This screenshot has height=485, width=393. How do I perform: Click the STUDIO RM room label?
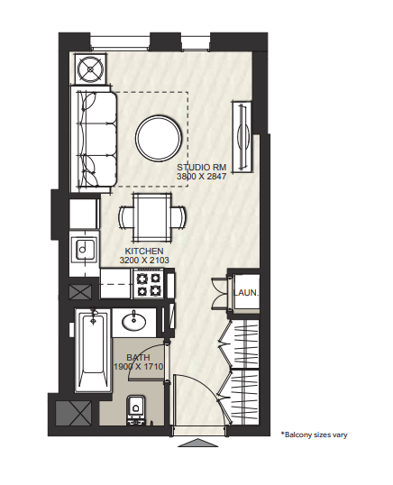pyautogui.click(x=202, y=168)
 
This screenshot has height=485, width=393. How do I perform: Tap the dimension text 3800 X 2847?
pyautogui.click(x=202, y=177)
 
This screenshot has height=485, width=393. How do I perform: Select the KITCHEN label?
pyautogui.click(x=144, y=251)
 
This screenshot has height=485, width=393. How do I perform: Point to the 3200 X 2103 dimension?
pyautogui.click(x=144, y=261)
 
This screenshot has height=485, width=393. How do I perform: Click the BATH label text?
pyautogui.click(x=138, y=358)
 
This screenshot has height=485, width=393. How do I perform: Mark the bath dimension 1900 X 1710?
pyautogui.click(x=138, y=367)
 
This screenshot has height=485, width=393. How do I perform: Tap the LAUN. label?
pyautogui.click(x=246, y=293)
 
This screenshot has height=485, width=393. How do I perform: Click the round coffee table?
pyautogui.click(x=159, y=139)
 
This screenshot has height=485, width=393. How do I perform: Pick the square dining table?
pyautogui.click(x=151, y=217)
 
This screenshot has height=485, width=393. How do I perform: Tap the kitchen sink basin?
pyautogui.click(x=84, y=249)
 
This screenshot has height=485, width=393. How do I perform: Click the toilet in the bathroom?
pyautogui.click(x=136, y=409)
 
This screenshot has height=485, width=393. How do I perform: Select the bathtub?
pyautogui.click(x=94, y=351)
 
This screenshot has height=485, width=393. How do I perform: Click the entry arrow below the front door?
pyautogui.click(x=198, y=443)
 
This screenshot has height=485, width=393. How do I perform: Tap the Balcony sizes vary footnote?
pyautogui.click(x=315, y=435)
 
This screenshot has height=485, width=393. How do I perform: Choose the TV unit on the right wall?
pyautogui.click(x=242, y=136)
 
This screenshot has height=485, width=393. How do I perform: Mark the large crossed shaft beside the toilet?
pyautogui.click(x=74, y=413)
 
